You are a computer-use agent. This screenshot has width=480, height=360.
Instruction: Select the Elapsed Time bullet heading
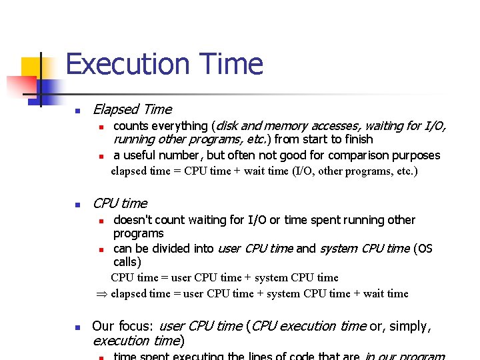click(132, 109)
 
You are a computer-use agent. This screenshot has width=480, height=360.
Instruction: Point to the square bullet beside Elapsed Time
click(77, 111)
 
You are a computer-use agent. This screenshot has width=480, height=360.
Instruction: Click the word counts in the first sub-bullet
click(131, 126)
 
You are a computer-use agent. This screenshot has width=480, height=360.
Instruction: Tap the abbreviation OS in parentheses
click(425, 249)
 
